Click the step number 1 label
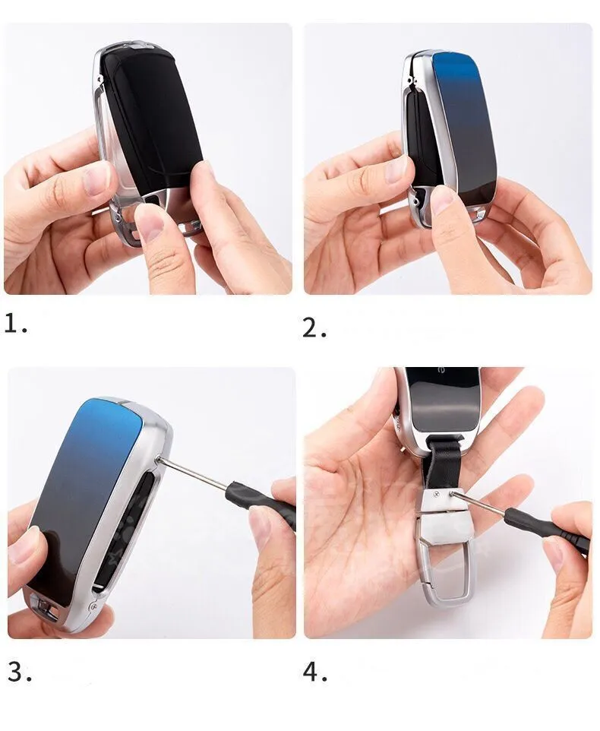coord(16,324)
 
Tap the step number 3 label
coord(20,672)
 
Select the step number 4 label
coord(315,672)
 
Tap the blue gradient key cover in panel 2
coord(466,126)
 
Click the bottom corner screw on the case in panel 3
coord(93,606)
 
